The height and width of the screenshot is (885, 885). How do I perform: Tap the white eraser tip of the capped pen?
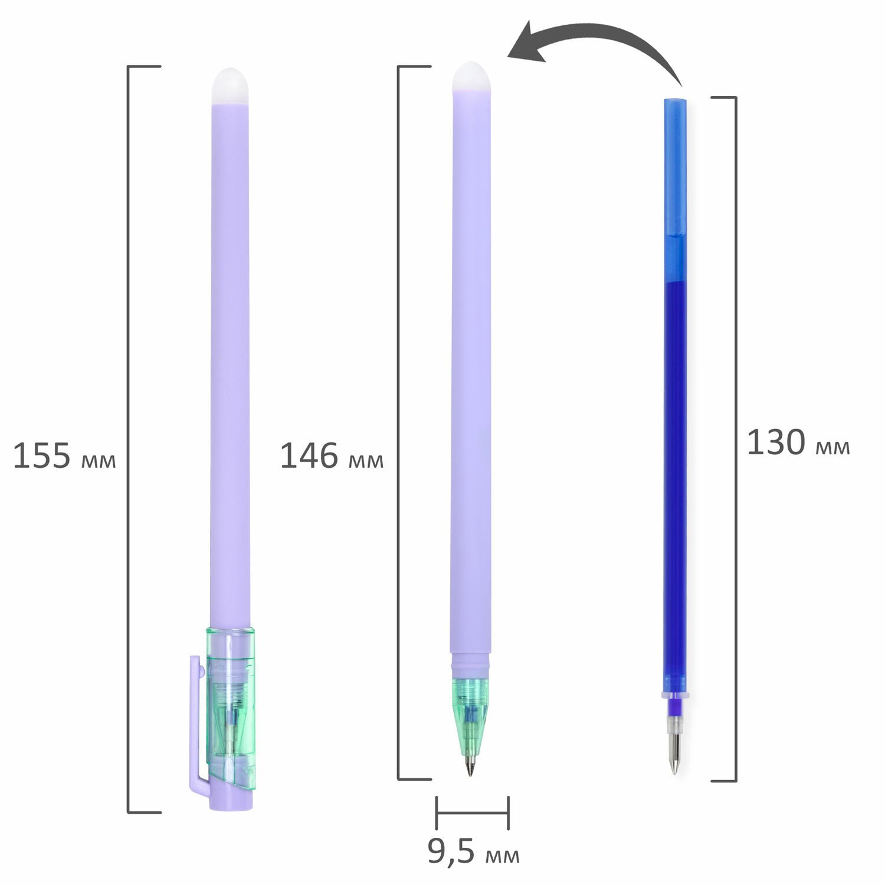[230, 86]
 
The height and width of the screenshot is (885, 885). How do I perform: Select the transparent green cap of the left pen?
[231, 712]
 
